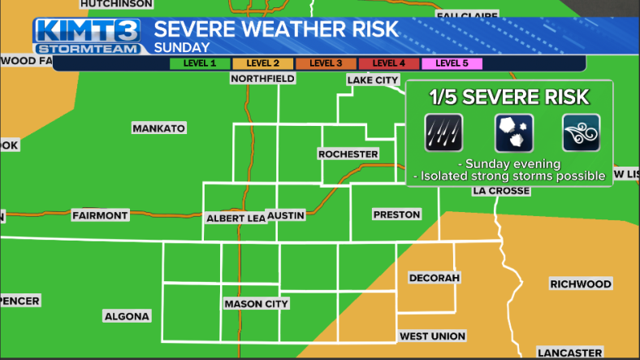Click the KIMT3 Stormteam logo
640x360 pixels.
coord(86,36)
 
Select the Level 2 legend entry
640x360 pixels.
coord(263,63)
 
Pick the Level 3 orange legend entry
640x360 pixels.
coord(326,63)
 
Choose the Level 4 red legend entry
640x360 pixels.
coord(388,63)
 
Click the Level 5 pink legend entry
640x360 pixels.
coord(452,63)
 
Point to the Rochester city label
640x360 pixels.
coord(348,154)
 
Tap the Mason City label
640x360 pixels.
coord(256,304)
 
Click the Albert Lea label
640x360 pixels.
coord(234,218)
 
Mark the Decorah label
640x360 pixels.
coord(435,278)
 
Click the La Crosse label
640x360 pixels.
coord(501,191)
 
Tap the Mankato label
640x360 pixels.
coord(159,128)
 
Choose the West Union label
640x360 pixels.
coord(432,336)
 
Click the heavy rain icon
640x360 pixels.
coord(443,132)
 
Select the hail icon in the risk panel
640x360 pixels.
coord(512,132)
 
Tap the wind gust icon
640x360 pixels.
coord(581,132)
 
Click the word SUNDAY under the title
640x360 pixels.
coord(182,47)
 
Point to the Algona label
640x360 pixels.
coord(127,316)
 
